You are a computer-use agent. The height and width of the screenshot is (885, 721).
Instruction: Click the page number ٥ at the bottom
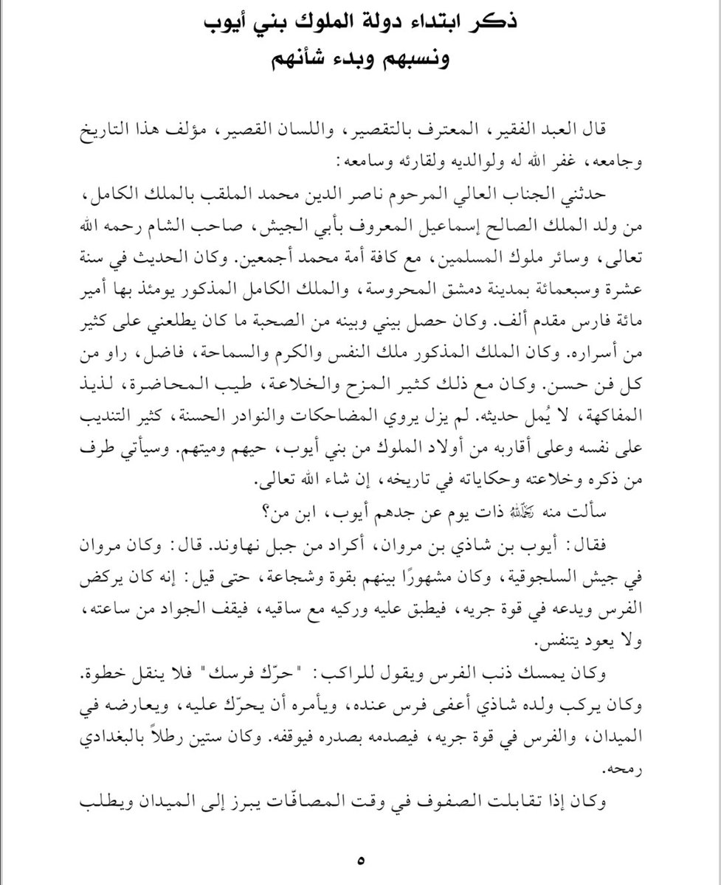[x=360, y=859]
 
